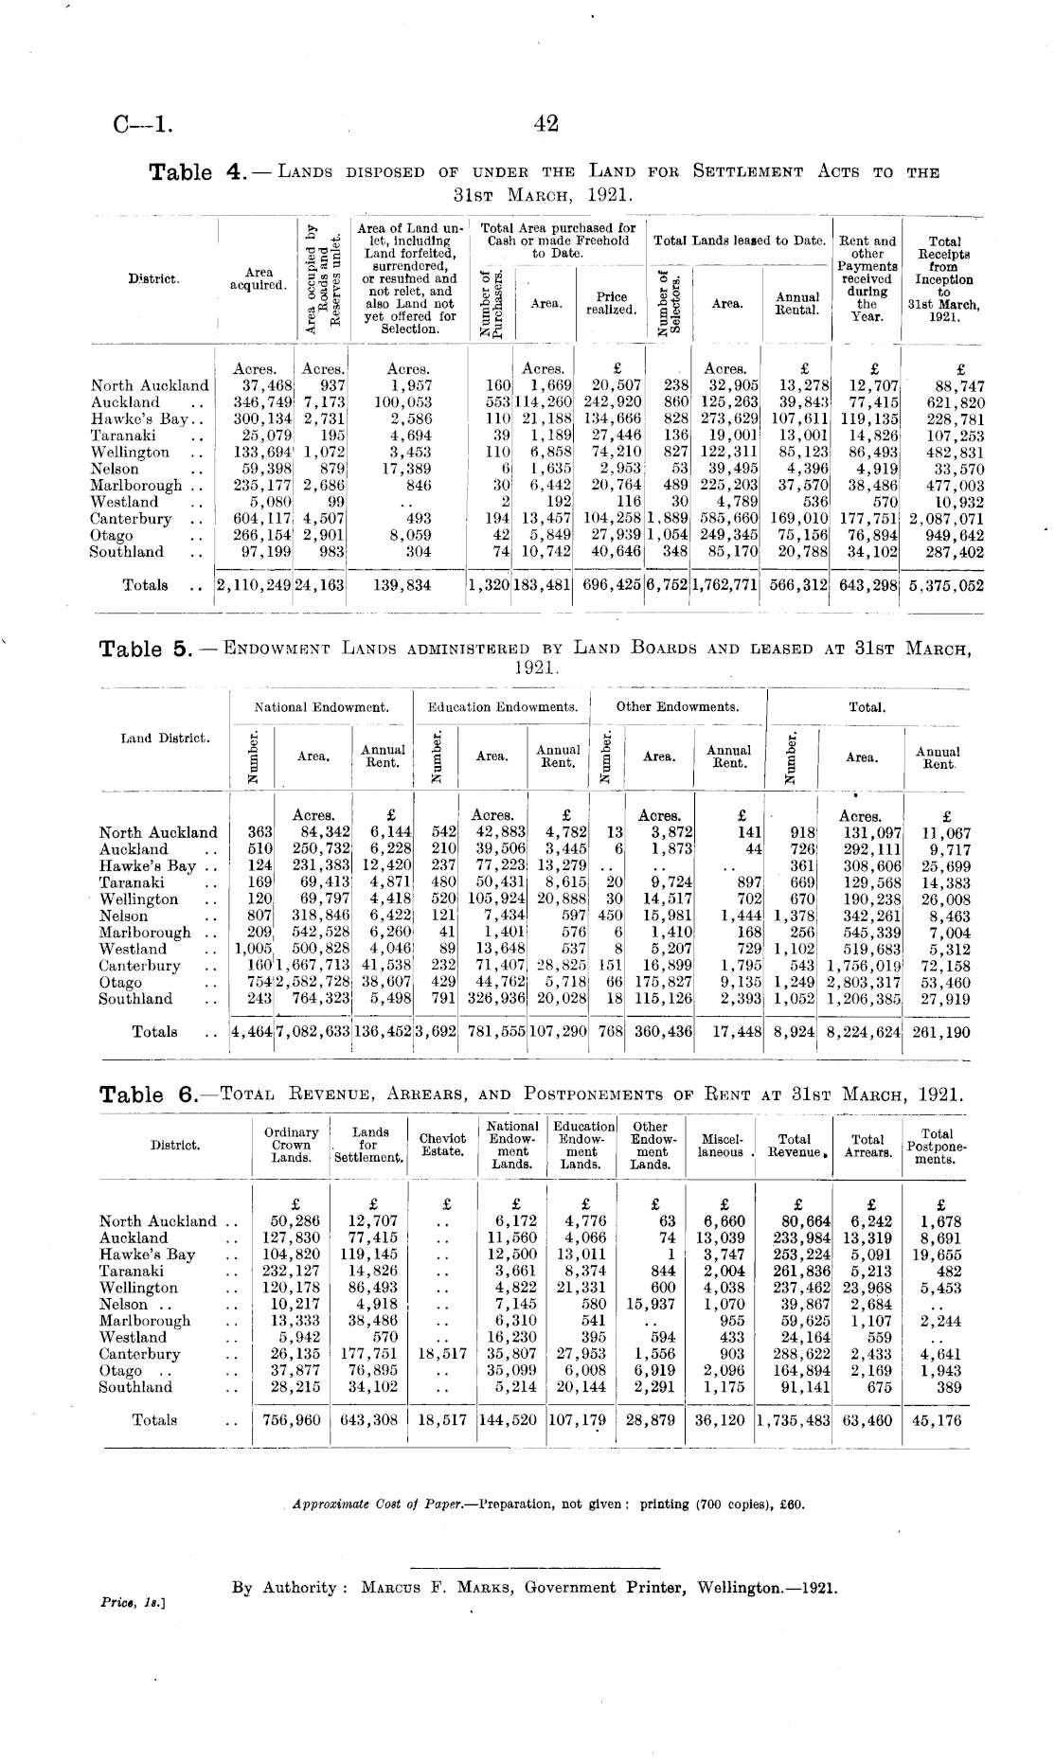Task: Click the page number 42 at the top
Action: click(x=546, y=123)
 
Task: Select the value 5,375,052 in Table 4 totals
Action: click(x=946, y=585)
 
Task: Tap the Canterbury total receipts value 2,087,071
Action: click(x=946, y=519)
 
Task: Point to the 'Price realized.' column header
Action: click(x=611, y=303)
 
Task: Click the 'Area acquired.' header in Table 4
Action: click(x=259, y=279)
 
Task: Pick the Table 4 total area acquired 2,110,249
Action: click(x=255, y=585)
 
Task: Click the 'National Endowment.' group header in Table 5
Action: click(x=321, y=707)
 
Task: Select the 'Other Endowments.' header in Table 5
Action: click(x=677, y=707)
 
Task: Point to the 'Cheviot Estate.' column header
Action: click(x=442, y=1145)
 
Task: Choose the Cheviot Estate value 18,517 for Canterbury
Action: click(x=442, y=1354)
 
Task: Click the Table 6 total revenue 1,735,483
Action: click(x=793, y=1420)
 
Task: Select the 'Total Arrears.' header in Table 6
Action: click(x=867, y=1146)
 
